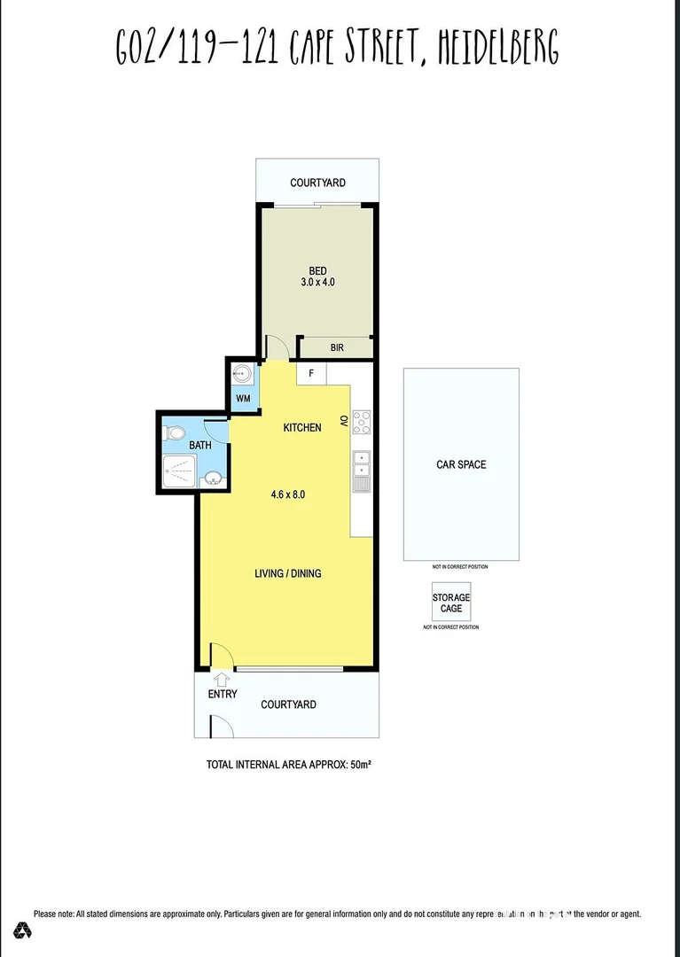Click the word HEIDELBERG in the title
499,46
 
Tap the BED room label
317,271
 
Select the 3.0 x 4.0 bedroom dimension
317,283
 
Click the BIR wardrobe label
337,348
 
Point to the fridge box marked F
311,373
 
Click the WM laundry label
243,399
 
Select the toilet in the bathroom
174,433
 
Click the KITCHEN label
301,428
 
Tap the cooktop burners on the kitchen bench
362,422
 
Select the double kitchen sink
362,463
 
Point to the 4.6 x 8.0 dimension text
288,494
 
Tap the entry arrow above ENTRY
221,679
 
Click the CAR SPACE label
461,464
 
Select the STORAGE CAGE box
451,603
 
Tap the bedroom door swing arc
276,347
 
